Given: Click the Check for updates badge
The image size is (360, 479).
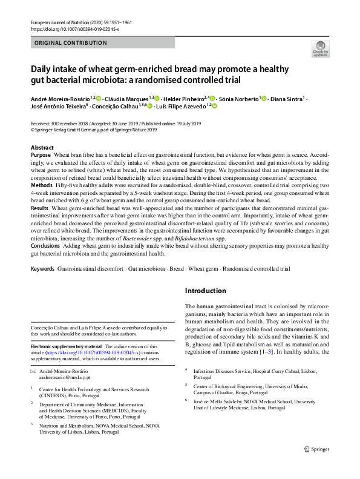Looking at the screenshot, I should (320, 48).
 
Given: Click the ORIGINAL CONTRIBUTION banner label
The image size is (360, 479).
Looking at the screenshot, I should (71, 43).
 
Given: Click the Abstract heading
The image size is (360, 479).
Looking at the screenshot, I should (42, 148).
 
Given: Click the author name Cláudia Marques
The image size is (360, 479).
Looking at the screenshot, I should (128, 98).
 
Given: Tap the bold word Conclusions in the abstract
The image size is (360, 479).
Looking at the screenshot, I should (46, 246).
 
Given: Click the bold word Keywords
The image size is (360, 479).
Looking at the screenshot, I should (42, 268).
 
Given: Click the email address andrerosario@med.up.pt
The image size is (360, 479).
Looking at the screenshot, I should (68, 377).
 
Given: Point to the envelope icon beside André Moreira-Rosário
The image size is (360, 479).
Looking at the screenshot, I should (33, 369).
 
